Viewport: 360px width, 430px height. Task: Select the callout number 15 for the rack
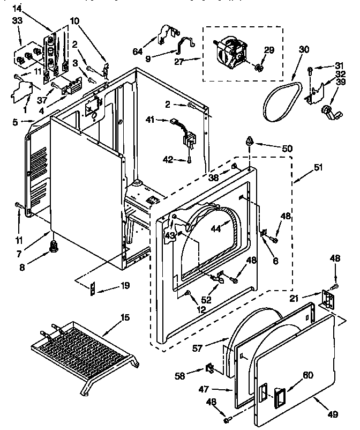point(124,318)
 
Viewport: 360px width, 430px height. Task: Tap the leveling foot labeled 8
point(54,246)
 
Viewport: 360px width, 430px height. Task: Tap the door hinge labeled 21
point(327,298)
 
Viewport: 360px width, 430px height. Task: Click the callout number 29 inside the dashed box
point(269,49)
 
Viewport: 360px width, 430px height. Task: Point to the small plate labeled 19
point(94,288)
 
